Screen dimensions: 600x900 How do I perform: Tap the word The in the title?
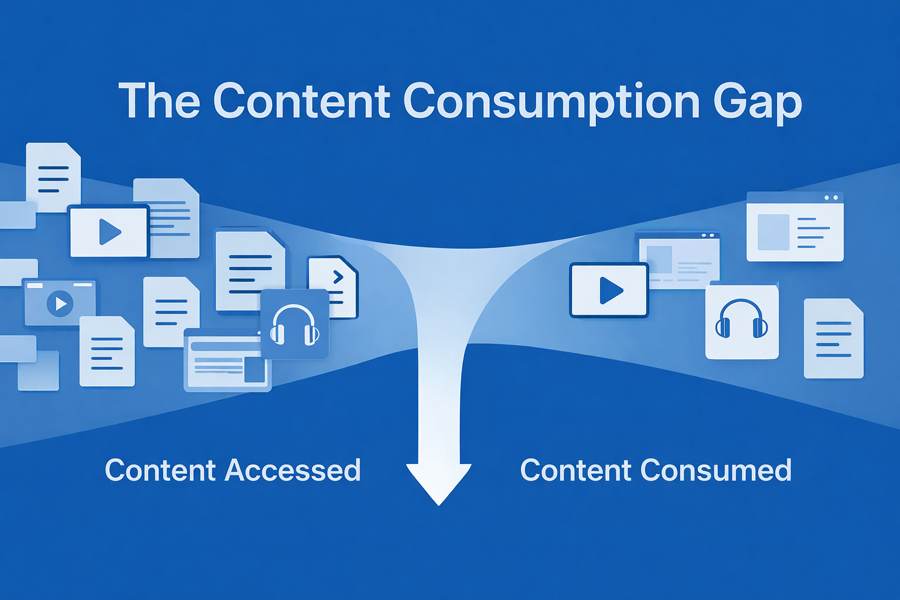pyautogui.click(x=159, y=101)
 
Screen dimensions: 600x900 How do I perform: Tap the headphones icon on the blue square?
pyautogui.click(x=294, y=325)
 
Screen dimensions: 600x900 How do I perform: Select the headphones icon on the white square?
pyautogui.click(x=742, y=319)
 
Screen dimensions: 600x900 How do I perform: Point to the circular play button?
pyautogui.click(x=60, y=304)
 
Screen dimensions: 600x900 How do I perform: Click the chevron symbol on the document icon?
pyautogui.click(x=338, y=277)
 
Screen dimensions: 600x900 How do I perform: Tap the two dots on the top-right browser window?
pyautogui.click(x=830, y=198)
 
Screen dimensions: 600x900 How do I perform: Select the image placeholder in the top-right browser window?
pyautogui.click(x=773, y=232)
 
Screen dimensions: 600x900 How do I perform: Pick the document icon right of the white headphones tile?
pyautogui.click(x=833, y=339)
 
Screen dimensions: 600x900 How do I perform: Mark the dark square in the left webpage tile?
pyautogui.click(x=254, y=370)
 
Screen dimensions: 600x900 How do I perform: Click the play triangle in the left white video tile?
pyautogui.click(x=110, y=231)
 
